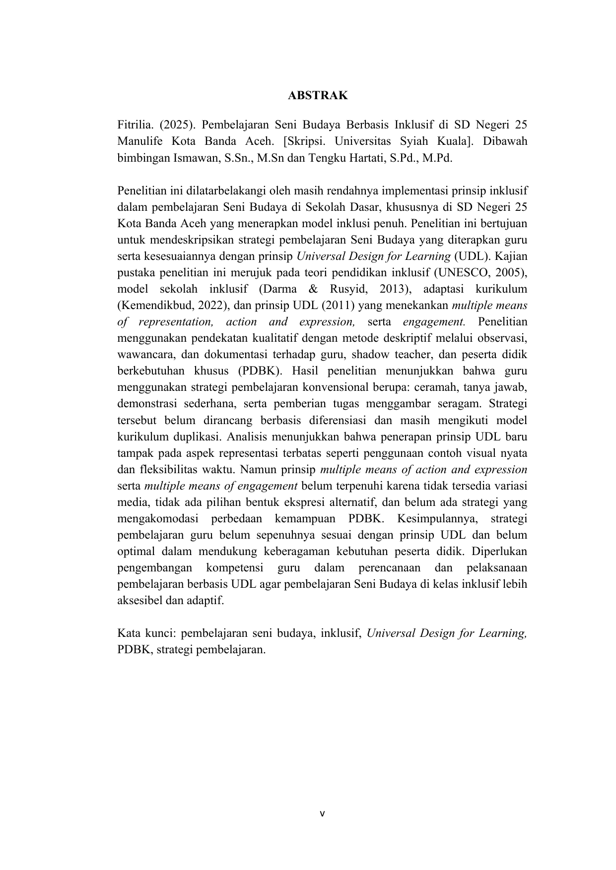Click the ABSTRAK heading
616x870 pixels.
click(x=318, y=96)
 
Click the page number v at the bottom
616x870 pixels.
click(x=322, y=813)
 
